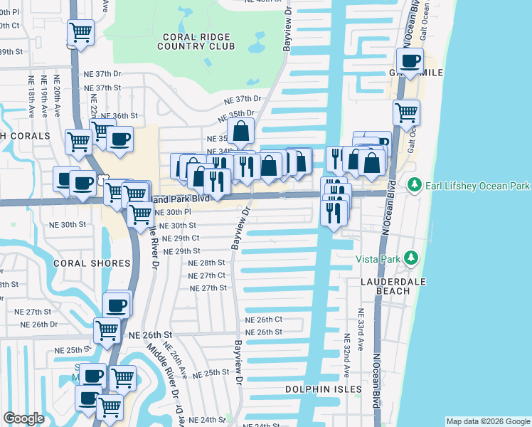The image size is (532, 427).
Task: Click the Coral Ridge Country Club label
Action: (197, 41)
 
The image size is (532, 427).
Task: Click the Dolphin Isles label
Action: (323, 389)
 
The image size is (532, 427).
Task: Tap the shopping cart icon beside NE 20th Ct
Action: (81, 33)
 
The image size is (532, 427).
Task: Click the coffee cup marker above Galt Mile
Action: (410, 61)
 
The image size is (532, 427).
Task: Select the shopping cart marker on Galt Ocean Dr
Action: (406, 112)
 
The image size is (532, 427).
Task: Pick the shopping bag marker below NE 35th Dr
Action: (241, 131)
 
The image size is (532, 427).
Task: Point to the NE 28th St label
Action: (206, 263)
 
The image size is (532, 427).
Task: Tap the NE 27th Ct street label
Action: (208, 275)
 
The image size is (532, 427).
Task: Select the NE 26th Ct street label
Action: (264, 320)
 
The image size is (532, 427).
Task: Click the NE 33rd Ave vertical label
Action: (361, 326)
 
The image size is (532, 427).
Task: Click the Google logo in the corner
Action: (23, 418)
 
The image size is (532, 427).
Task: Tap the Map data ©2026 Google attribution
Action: (488, 421)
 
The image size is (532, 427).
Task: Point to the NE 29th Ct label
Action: (181, 238)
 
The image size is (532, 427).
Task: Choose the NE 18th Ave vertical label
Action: (32, 95)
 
